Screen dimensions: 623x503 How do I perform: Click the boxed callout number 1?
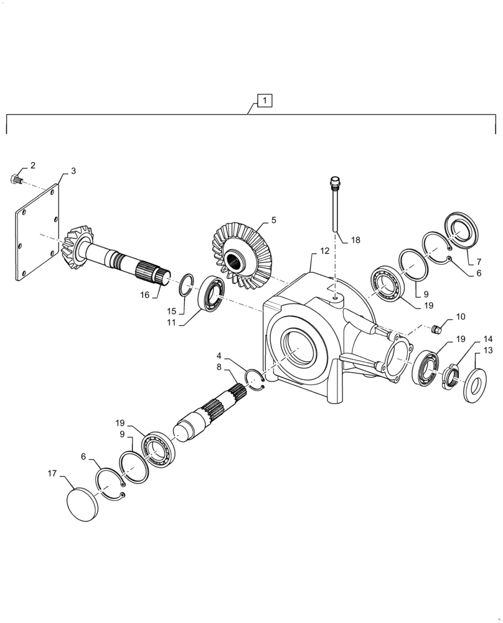(265, 100)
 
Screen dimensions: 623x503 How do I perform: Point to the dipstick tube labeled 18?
(336, 206)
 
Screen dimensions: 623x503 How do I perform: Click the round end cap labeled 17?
(82, 502)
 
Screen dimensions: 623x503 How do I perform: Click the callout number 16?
(144, 294)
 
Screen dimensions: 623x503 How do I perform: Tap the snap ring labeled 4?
(255, 380)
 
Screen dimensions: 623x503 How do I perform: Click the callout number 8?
(219, 367)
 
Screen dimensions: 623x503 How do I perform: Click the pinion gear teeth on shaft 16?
(78, 247)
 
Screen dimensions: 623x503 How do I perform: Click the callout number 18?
(355, 240)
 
